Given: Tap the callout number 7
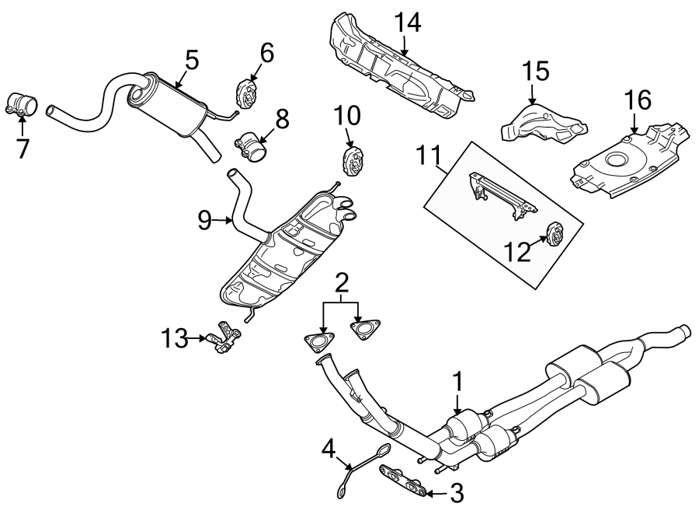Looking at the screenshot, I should [x=23, y=147].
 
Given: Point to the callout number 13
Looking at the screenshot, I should [x=176, y=338].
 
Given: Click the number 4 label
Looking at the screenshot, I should [x=329, y=449].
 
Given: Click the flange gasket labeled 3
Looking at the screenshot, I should [x=404, y=479].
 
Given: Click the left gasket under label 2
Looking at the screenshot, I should [x=315, y=343].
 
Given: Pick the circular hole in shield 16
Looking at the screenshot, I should [x=618, y=162].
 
